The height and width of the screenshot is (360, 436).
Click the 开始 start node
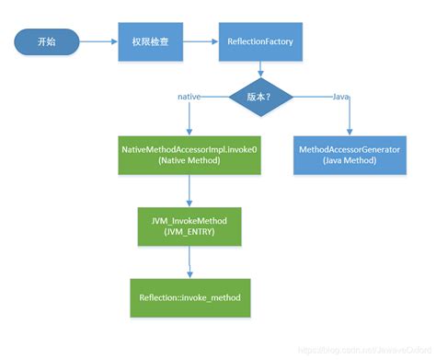point(45,41)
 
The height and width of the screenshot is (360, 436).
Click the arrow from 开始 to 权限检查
point(97,41)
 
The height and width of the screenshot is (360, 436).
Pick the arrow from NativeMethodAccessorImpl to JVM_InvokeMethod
point(189,191)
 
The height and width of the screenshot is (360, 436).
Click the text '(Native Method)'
point(190,160)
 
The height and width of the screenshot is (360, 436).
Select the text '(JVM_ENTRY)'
point(189,234)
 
